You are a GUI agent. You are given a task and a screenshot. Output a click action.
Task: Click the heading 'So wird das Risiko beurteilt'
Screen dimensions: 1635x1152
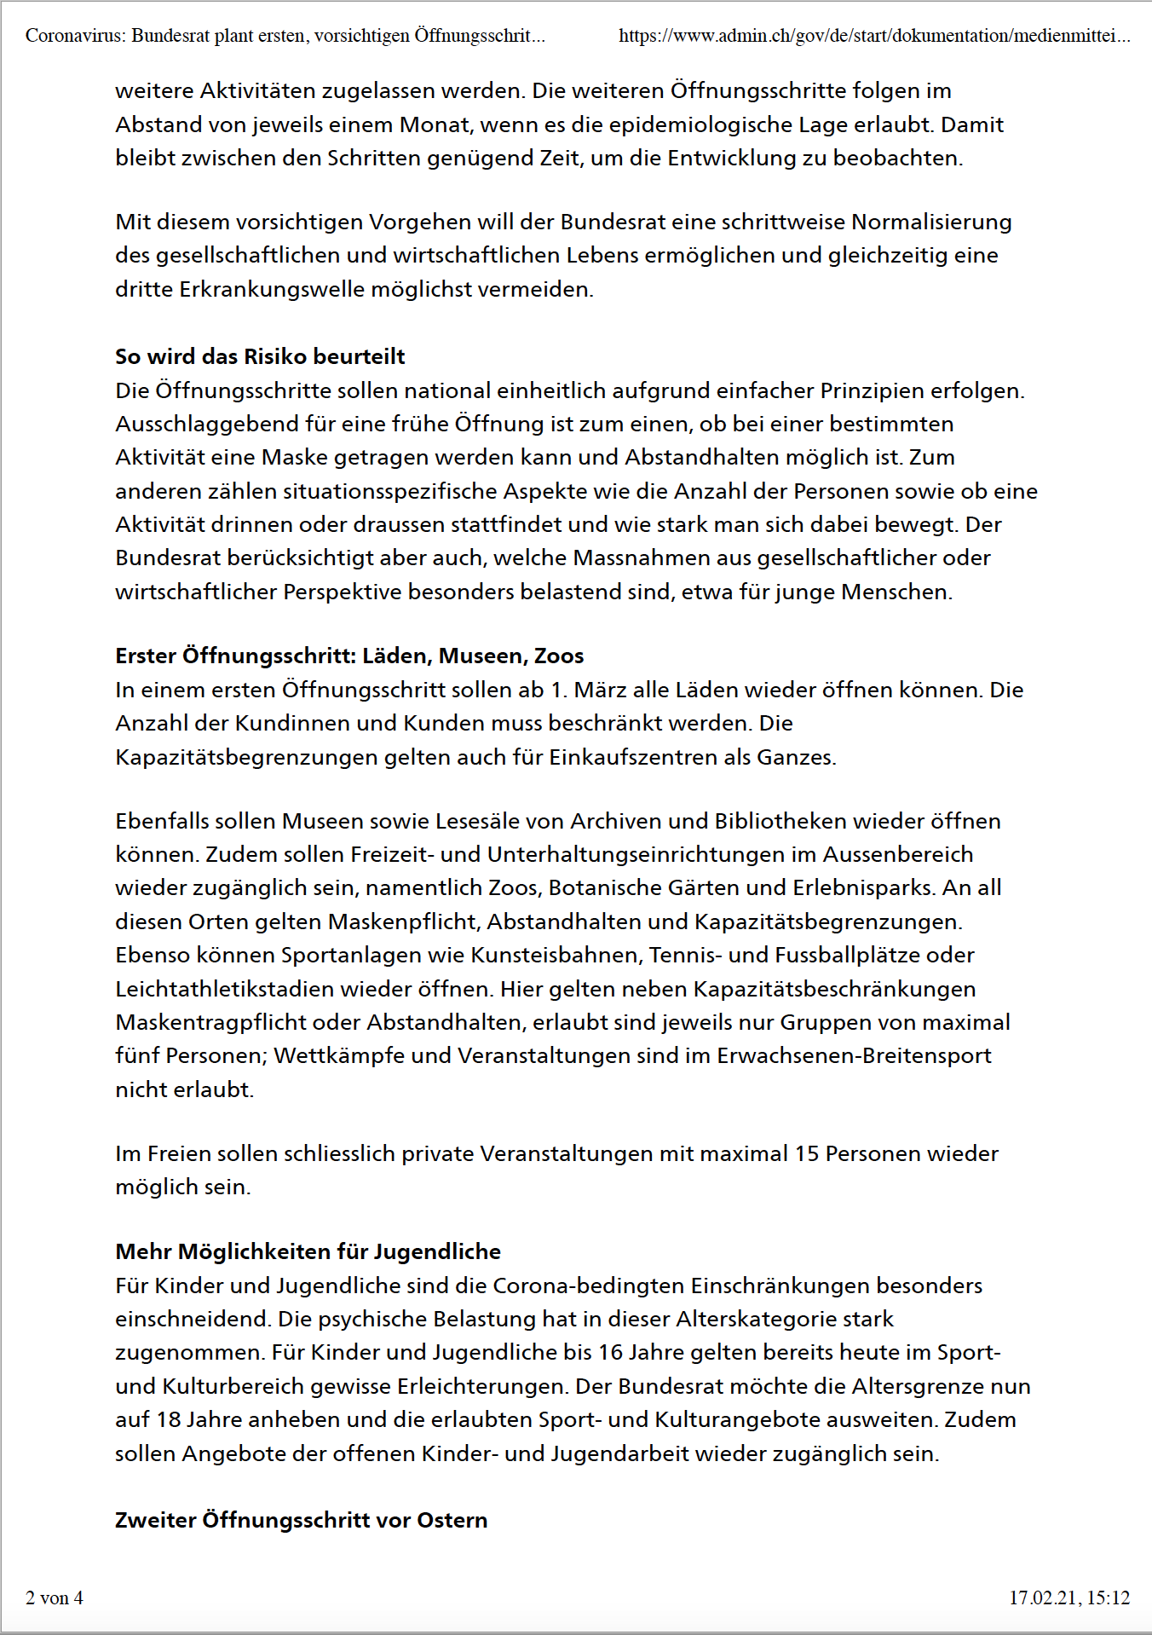(x=260, y=356)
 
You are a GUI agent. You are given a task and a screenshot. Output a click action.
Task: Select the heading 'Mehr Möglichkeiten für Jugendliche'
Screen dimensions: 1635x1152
(x=308, y=1251)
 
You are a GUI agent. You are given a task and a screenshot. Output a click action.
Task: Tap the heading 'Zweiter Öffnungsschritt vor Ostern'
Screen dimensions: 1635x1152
(x=301, y=1520)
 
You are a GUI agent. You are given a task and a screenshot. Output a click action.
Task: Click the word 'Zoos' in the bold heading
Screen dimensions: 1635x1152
(x=559, y=656)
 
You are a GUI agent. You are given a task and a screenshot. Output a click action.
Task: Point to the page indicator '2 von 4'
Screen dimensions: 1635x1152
(x=55, y=1597)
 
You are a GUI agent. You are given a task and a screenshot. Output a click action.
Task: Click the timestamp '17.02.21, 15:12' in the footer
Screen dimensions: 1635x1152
(x=1069, y=1597)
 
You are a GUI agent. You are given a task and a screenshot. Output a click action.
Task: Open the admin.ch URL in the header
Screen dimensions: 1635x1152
(x=874, y=36)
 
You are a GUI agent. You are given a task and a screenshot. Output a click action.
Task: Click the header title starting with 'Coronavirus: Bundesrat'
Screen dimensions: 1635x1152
(x=285, y=36)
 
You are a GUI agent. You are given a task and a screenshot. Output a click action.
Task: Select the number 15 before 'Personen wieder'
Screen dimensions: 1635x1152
(x=806, y=1153)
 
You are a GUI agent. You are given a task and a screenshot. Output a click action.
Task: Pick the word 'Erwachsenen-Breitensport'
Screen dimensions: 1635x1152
(x=854, y=1055)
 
